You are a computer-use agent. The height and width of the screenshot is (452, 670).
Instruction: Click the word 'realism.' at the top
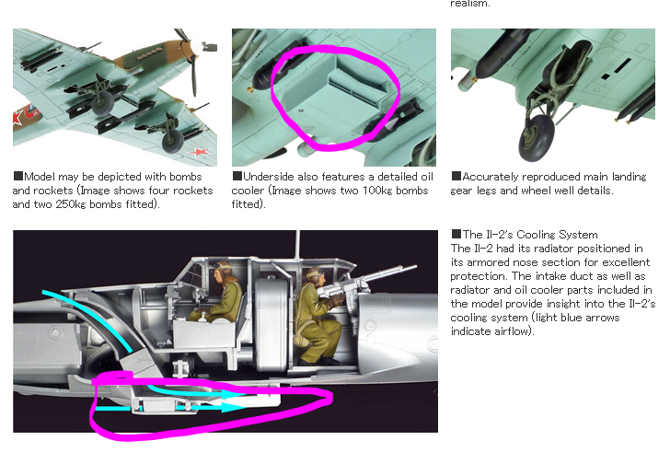tap(469, 4)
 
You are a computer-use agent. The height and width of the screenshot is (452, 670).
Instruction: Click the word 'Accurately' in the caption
tap(490, 177)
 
